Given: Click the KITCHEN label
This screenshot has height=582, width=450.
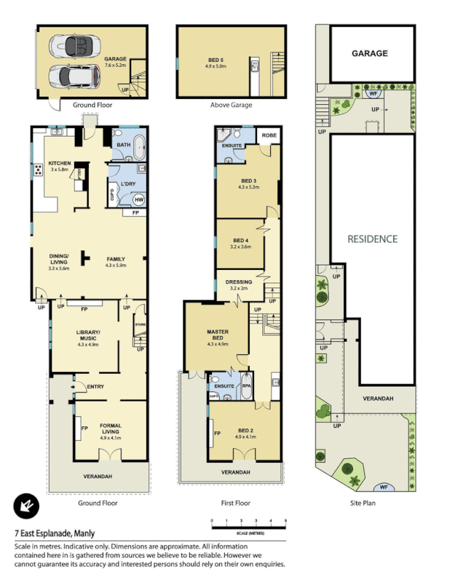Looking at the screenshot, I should [x=58, y=164].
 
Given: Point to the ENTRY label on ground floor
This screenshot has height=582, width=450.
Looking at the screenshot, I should [x=95, y=386].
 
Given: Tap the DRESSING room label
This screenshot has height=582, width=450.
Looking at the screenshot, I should [x=239, y=282].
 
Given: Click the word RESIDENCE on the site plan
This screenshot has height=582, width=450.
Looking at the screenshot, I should [x=372, y=239].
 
